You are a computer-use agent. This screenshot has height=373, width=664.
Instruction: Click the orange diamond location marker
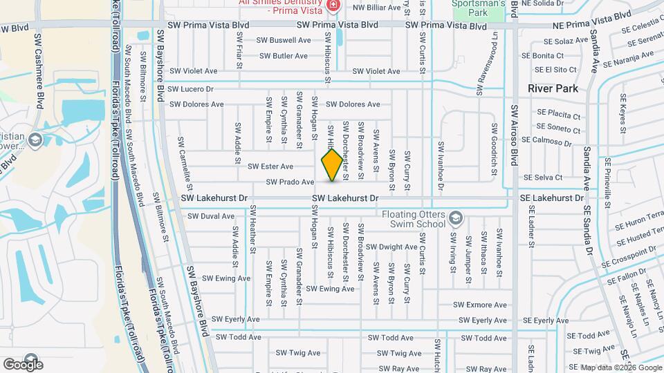(x=332, y=165)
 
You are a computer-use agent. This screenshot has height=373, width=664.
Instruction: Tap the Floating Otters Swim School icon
(x=456, y=219)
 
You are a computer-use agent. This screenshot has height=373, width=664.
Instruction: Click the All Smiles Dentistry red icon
(x=333, y=6)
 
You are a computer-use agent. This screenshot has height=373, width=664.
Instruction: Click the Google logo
(x=23, y=364)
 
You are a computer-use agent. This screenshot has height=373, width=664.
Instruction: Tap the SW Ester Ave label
(x=270, y=166)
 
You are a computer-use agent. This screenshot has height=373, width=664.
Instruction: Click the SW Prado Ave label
(x=290, y=182)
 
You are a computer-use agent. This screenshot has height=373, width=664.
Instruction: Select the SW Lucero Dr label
(x=190, y=89)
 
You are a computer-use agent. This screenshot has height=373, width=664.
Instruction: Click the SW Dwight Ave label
(x=391, y=247)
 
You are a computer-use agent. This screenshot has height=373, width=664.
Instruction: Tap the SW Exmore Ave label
(x=481, y=305)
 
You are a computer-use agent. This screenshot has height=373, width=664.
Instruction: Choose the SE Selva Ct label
(x=542, y=178)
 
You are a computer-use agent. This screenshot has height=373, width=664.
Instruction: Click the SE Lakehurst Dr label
(x=551, y=198)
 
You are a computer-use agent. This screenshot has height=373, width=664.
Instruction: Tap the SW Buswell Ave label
(x=284, y=40)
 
